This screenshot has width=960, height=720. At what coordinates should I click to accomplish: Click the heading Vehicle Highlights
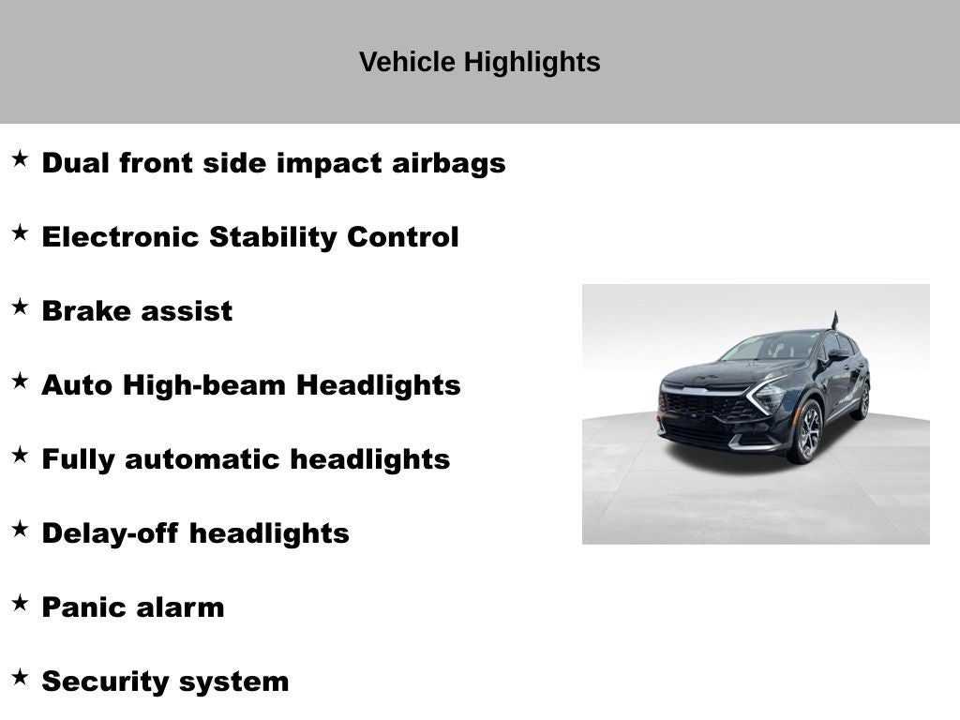479,62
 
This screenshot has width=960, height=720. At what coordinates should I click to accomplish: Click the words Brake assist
137,311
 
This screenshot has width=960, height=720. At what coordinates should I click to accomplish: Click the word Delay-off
111,533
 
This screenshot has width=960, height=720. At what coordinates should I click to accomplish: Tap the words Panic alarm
133,607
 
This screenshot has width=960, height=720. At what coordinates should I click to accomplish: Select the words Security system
165,682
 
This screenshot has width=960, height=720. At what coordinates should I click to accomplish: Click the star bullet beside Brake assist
20,307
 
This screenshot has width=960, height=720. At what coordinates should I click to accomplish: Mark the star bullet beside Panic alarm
20,603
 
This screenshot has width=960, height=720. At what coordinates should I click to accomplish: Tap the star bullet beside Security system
20,677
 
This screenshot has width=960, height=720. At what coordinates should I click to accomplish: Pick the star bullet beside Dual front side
20,158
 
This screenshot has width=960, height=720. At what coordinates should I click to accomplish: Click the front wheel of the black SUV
808,432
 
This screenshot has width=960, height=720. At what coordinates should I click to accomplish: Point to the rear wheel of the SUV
862,401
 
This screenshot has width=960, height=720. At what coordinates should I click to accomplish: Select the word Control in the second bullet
403,237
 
